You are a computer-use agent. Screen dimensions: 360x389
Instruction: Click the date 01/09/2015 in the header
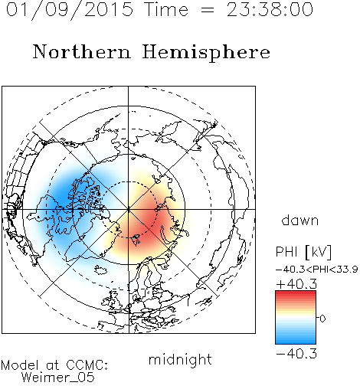[70, 10]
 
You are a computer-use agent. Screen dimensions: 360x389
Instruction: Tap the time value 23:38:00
[270, 9]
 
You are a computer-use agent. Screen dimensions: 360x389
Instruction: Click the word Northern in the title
[82, 51]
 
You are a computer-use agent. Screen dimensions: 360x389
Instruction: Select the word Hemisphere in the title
[206, 52]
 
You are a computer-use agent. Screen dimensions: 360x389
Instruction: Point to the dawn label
[300, 220]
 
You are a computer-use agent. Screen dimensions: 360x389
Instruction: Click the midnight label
[180, 359]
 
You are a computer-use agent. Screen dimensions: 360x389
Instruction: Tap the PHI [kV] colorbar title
[303, 252]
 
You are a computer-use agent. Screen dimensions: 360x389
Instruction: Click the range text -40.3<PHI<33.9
[317, 270]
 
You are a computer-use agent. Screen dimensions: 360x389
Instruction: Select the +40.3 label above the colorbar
[296, 284]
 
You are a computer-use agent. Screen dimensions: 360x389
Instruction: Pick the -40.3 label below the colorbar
[296, 354]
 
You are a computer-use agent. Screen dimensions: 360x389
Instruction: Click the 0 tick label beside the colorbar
[322, 319]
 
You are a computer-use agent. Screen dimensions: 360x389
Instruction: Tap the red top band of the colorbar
[296, 293]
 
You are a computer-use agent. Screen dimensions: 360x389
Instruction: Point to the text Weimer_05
[58, 378]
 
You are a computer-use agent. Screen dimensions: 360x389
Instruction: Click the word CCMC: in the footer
[87, 365]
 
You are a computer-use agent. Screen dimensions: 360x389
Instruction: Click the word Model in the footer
[20, 365]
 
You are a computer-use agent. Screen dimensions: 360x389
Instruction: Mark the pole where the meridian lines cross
[128, 209]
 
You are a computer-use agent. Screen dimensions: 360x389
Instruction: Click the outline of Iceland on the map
[101, 270]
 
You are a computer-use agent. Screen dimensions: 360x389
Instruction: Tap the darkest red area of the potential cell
[151, 221]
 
